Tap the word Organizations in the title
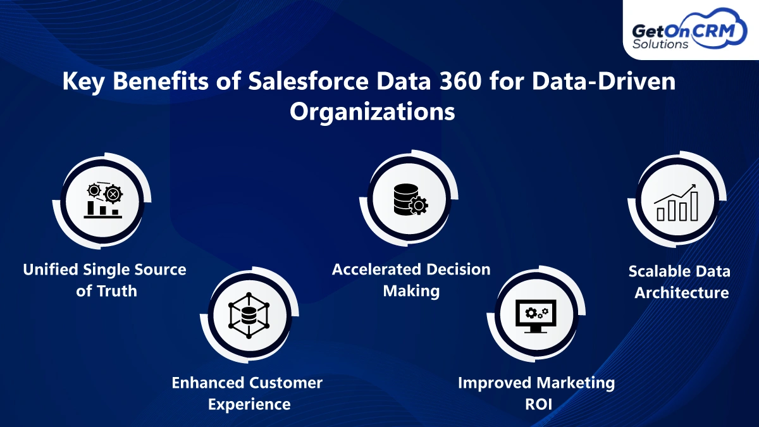(x=372, y=111)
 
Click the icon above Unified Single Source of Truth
(x=102, y=200)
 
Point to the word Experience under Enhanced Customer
(x=249, y=404)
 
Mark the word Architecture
(x=682, y=293)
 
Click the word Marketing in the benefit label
(x=576, y=382)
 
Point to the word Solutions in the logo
(x=662, y=45)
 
